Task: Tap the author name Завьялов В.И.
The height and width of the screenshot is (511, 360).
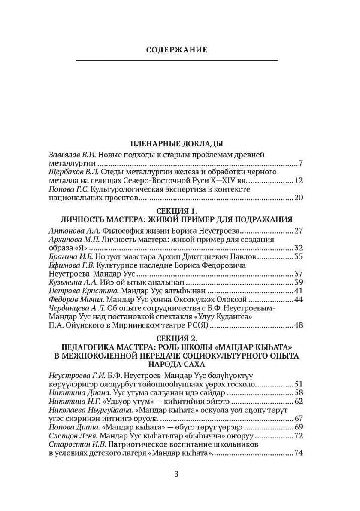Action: point(72,155)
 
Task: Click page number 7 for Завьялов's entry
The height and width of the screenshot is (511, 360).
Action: point(301,164)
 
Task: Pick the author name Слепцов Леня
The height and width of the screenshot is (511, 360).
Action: point(74,436)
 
